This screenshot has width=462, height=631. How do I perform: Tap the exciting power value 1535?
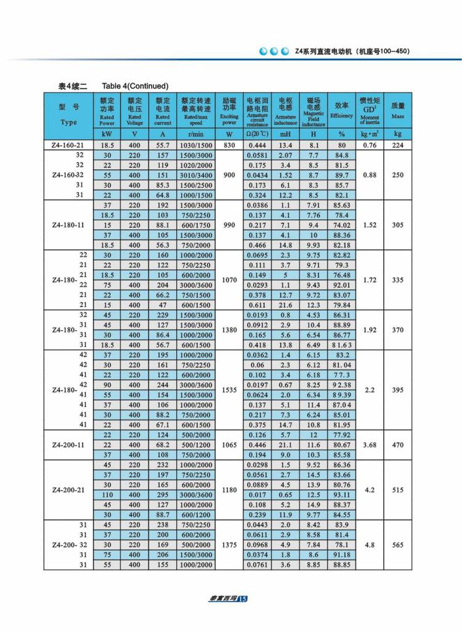[229, 390]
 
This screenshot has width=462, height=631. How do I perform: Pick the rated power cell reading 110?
[107, 496]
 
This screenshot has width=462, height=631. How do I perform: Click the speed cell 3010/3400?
[197, 175]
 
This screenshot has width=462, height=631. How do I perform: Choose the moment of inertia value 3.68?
[370, 445]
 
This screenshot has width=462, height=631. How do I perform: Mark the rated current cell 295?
[163, 496]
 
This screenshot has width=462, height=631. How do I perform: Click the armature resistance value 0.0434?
[257, 175]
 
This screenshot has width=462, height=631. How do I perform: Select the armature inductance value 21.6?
[285, 305]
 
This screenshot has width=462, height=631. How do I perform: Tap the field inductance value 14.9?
[313, 505]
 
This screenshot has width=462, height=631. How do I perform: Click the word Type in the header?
[68, 122]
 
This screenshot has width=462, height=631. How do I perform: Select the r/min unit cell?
[197, 134]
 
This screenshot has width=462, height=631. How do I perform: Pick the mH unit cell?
[285, 134]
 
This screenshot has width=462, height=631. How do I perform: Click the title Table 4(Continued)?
[135, 86]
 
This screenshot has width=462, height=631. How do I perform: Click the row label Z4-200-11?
[68, 445]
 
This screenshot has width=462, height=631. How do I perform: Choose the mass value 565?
[398, 545]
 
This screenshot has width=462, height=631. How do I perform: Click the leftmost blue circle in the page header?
[262, 51]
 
